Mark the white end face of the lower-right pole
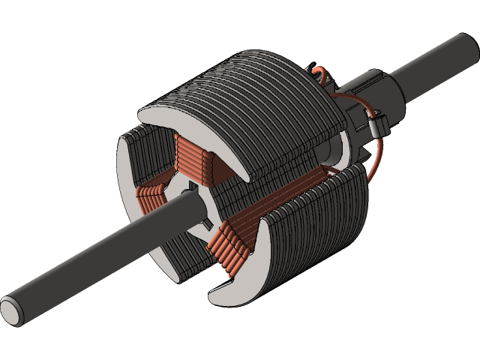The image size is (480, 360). point(240,277)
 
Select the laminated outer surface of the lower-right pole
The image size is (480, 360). point(315,225)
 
